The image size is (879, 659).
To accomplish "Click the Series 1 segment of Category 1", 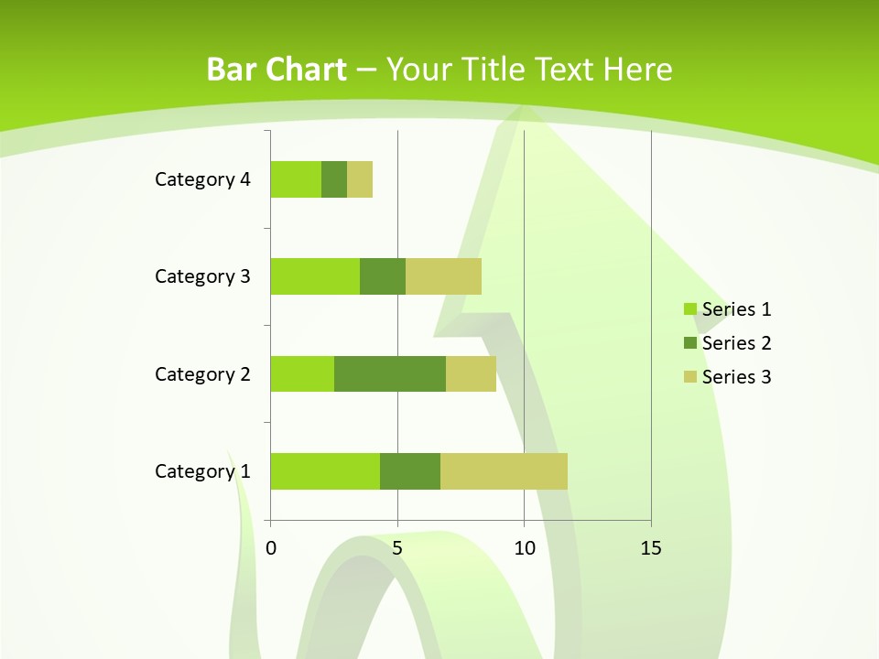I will tap(325, 471).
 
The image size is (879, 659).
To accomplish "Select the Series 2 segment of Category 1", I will tap(410, 471).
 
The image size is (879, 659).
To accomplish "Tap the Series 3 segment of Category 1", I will tap(504, 471).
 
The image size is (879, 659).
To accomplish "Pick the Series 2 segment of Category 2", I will tap(390, 373).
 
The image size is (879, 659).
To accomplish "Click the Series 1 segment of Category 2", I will tap(302, 373).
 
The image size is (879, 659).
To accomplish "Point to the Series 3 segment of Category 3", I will tap(443, 276).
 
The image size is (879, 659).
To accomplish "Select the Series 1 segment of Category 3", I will tap(315, 276).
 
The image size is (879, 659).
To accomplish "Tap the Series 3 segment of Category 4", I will tap(360, 179).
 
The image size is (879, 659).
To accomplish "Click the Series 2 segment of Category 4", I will tap(334, 179).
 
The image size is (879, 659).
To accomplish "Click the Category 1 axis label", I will tap(202, 471).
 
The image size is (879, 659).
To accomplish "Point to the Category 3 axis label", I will tap(202, 276).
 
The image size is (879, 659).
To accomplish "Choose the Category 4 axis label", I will tap(202, 179).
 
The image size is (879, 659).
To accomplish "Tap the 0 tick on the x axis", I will tap(271, 548).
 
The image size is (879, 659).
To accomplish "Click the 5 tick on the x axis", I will tap(397, 548).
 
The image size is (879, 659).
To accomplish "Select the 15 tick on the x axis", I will tap(651, 548).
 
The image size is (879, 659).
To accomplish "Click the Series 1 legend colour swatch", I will tap(689, 309).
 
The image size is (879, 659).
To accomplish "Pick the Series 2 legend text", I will tap(736, 343).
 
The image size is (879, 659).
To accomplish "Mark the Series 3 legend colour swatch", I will tap(689, 377).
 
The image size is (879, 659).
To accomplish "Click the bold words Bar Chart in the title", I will tap(277, 70).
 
